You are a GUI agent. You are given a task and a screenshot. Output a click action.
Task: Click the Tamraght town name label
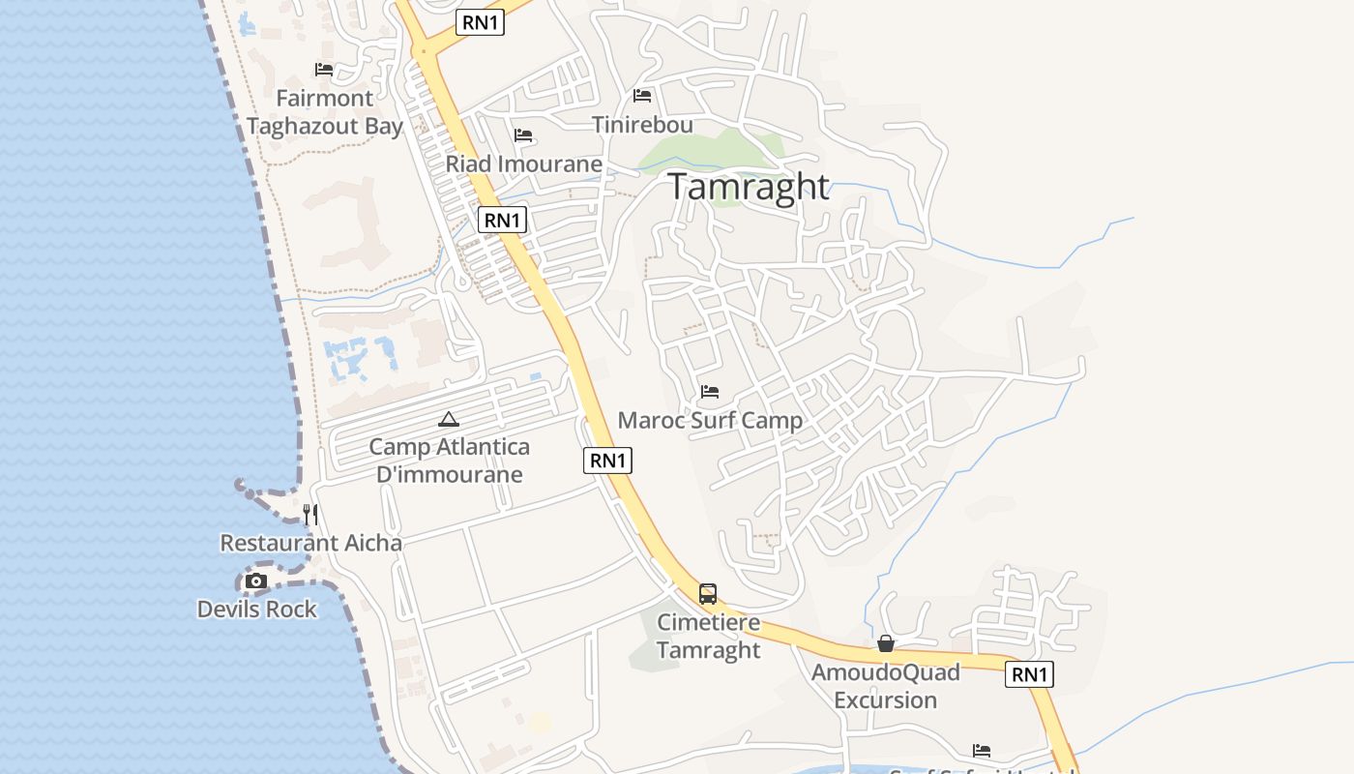tap(749, 187)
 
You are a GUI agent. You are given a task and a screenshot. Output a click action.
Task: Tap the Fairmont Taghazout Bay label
tap(324, 112)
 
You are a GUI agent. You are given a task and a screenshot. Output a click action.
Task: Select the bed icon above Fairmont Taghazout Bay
tap(324, 70)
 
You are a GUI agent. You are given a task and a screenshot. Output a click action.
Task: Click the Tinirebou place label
tap(642, 125)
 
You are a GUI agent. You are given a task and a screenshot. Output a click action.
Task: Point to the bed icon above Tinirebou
tap(642, 95)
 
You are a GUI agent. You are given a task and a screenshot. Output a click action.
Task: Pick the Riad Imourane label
tap(523, 164)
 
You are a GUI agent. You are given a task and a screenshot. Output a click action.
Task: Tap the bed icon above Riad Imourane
tap(523, 134)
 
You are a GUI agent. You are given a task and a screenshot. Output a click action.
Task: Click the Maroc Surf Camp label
tap(710, 421)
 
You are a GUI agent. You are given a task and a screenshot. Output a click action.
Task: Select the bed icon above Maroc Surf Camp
tap(710, 392)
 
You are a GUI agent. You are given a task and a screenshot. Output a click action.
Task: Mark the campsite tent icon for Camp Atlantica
tap(448, 419)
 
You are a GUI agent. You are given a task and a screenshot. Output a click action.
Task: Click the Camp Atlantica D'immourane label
tap(449, 461)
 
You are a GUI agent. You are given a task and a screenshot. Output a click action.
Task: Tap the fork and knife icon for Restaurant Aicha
tap(310, 514)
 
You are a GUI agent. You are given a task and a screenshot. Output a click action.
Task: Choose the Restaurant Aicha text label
tap(310, 543)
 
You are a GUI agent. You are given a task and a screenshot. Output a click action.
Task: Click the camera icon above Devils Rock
tap(256, 580)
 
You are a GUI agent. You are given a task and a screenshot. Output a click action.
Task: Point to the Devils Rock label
tap(256, 610)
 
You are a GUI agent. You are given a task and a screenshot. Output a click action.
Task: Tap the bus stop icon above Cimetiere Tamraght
tap(708, 594)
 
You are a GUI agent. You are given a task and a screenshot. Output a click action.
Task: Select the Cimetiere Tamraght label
tap(709, 636)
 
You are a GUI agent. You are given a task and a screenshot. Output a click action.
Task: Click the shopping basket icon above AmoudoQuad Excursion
tap(885, 643)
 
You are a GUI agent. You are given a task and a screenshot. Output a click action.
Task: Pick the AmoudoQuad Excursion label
tap(885, 686)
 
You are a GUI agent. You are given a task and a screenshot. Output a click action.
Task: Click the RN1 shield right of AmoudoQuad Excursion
tap(1029, 674)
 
